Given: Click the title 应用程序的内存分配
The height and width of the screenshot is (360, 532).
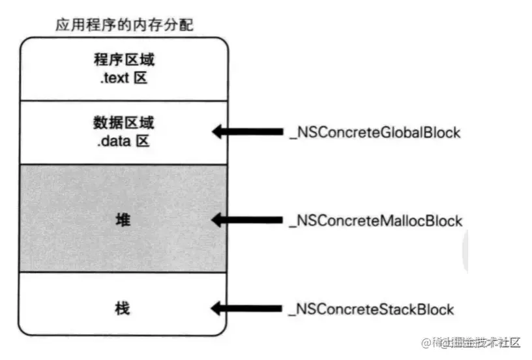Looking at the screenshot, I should coord(124,25).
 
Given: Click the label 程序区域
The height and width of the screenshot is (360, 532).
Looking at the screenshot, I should coord(124,60).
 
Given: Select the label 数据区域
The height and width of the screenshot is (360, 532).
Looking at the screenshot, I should coord(124,122).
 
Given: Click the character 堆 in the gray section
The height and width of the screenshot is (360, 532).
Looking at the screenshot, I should coord(123,220).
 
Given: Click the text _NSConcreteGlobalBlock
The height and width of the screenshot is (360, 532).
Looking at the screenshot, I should coord(374,132).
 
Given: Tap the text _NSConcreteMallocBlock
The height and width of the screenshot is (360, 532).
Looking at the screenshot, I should coord(376,220).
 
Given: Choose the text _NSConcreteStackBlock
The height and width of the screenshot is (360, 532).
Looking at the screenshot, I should coord(371,309).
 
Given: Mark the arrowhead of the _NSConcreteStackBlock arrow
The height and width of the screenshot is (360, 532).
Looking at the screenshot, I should coord(218,309).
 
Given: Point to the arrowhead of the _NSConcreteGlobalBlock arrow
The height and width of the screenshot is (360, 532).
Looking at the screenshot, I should coord(218,132).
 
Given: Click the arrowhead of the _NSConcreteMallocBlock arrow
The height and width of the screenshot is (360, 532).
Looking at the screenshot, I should coord(218,220).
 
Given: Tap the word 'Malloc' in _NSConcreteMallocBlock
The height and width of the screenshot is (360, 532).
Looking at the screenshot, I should coord(403,220).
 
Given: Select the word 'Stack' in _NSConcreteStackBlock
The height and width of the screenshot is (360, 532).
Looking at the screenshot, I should coord(398,309).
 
